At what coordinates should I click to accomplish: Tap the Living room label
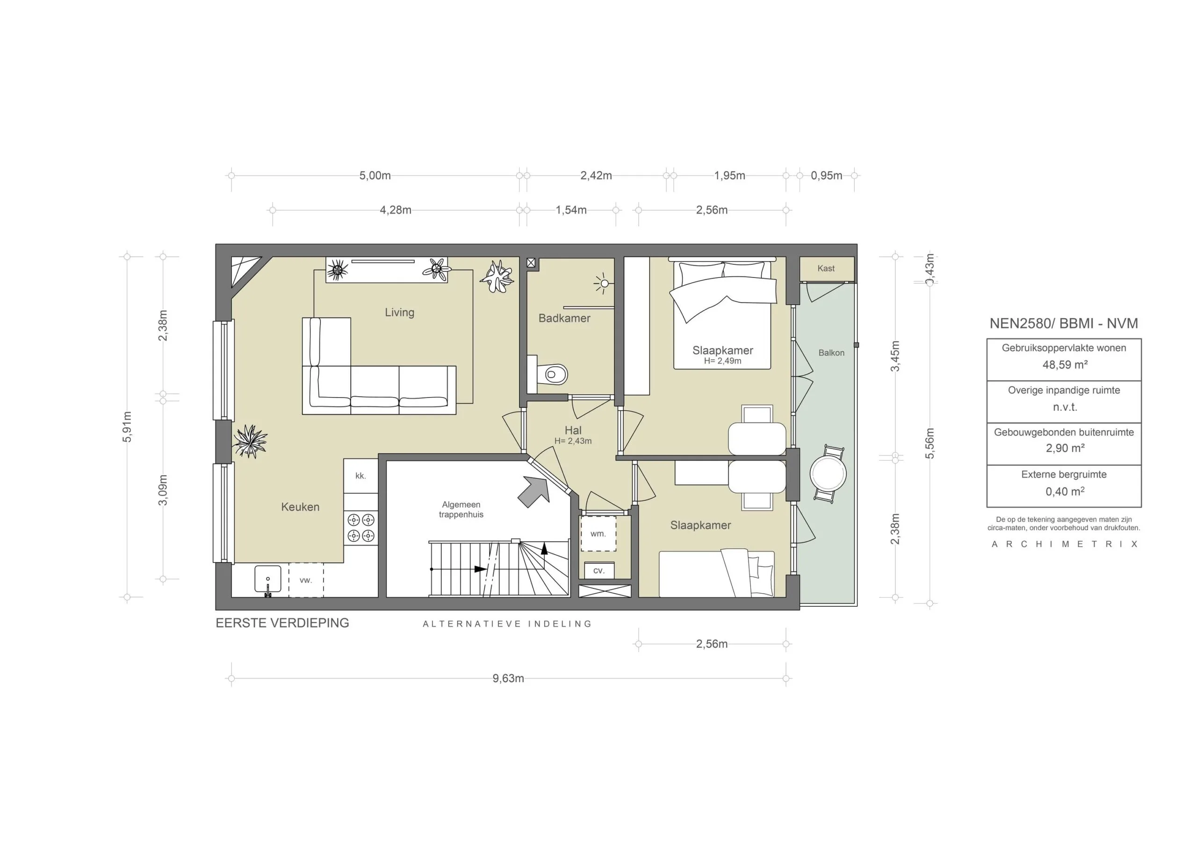tap(399, 313)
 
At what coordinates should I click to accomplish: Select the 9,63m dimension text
tap(508, 678)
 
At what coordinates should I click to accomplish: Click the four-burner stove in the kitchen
tap(361, 527)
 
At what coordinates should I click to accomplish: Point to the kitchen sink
tap(267, 579)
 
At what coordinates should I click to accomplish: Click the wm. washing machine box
tap(598, 533)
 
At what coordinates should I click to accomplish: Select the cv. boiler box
tap(598, 570)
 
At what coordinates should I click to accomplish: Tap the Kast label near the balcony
tap(826, 268)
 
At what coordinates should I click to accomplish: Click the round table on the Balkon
tap(828, 474)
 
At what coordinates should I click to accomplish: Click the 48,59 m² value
tap(1064, 365)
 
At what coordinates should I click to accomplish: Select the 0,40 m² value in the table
tap(1064, 491)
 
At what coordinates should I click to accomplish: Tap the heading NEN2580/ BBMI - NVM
tap(1064, 324)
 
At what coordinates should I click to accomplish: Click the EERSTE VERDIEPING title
tap(282, 623)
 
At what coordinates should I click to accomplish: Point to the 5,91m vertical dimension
tap(127, 427)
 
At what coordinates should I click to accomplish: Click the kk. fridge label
tap(360, 476)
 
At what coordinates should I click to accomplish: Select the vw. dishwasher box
tap(305, 580)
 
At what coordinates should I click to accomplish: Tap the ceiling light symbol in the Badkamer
tap(604, 284)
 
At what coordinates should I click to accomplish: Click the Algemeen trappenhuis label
tap(461, 510)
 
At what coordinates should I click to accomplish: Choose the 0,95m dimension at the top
tap(826, 176)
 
